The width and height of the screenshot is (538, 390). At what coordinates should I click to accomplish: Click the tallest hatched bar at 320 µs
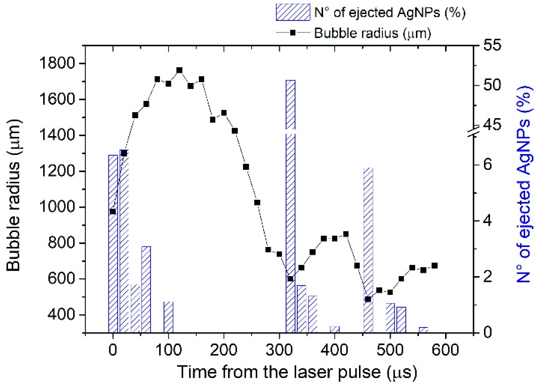coord(290,206)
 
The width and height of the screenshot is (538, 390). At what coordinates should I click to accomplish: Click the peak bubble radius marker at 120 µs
coord(180,70)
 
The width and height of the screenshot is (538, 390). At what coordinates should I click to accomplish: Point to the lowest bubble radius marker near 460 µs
coord(368,299)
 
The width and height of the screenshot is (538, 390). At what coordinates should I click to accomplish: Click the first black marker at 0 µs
coord(113,212)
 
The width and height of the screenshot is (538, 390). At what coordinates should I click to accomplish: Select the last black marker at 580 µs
coord(435,266)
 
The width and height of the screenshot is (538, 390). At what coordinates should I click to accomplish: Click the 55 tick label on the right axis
coord(492,45)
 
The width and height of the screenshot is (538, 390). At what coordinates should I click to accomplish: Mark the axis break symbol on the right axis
coord(473,131)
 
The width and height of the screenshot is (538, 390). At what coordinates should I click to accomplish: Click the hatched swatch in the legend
coord(293,12)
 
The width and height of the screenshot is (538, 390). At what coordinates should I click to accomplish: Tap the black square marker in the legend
coord(293,33)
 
